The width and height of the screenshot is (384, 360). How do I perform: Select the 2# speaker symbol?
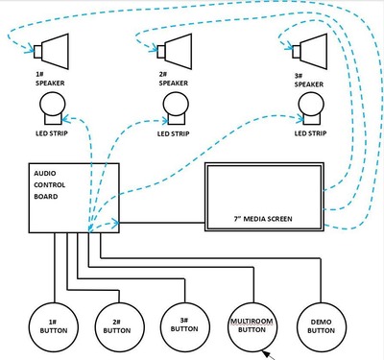point(177,48)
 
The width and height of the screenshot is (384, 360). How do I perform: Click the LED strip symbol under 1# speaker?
point(55,115)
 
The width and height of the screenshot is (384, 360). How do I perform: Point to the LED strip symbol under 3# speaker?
point(309,115)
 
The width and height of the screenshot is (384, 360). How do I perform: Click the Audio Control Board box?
point(71,197)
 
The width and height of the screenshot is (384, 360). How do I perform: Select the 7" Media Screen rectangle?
point(264,198)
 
